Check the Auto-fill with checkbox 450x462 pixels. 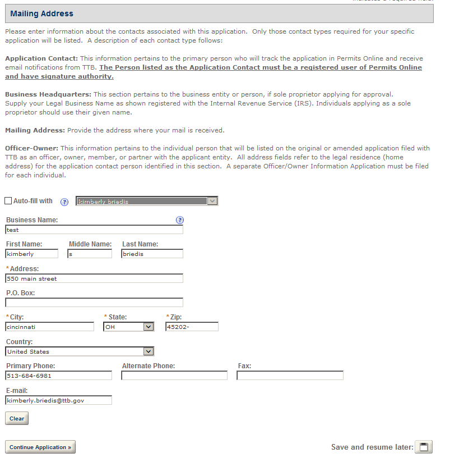coord(8,201)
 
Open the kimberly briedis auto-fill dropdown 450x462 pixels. coord(147,201)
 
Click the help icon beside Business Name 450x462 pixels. coord(180,220)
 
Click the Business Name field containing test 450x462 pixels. coord(94,230)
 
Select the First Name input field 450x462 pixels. coord(32,254)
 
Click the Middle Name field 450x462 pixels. coord(90,254)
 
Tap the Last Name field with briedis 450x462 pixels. coord(152,254)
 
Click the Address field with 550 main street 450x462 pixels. coord(94,278)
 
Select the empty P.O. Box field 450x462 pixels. coord(94,303)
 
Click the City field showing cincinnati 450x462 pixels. coord(50,327)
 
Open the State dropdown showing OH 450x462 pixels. coord(129,327)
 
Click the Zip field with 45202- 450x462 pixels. coord(192,327)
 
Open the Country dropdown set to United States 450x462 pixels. coord(80,351)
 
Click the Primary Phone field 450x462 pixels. coord(59,376)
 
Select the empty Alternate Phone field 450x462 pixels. coord(174,376)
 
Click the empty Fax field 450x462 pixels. coord(290,376)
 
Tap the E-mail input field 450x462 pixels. coord(59,400)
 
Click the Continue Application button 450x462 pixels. coord(40,447)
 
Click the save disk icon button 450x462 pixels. coord(424,447)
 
